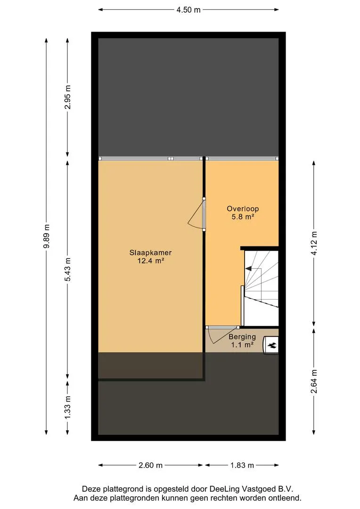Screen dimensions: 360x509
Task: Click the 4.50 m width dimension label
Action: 188,10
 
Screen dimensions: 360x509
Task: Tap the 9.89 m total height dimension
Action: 47,236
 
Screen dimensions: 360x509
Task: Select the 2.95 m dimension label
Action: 67,97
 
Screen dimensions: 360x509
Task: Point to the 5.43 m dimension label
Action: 67,270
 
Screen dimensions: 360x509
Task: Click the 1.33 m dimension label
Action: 67,407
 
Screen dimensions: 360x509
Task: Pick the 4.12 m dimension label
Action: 314,243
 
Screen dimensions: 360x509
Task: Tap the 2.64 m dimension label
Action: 314,381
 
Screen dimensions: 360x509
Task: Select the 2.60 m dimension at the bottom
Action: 151,465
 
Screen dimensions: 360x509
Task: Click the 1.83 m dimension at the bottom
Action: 242,465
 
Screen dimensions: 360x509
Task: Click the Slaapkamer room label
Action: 151,253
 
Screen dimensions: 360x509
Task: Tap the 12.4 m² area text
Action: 151,260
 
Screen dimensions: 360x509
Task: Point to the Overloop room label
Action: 243,209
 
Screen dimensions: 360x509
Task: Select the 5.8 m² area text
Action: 243,216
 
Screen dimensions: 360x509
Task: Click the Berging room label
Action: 242,337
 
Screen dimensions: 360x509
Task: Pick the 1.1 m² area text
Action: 242,345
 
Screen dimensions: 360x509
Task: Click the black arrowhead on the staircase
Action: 248,269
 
